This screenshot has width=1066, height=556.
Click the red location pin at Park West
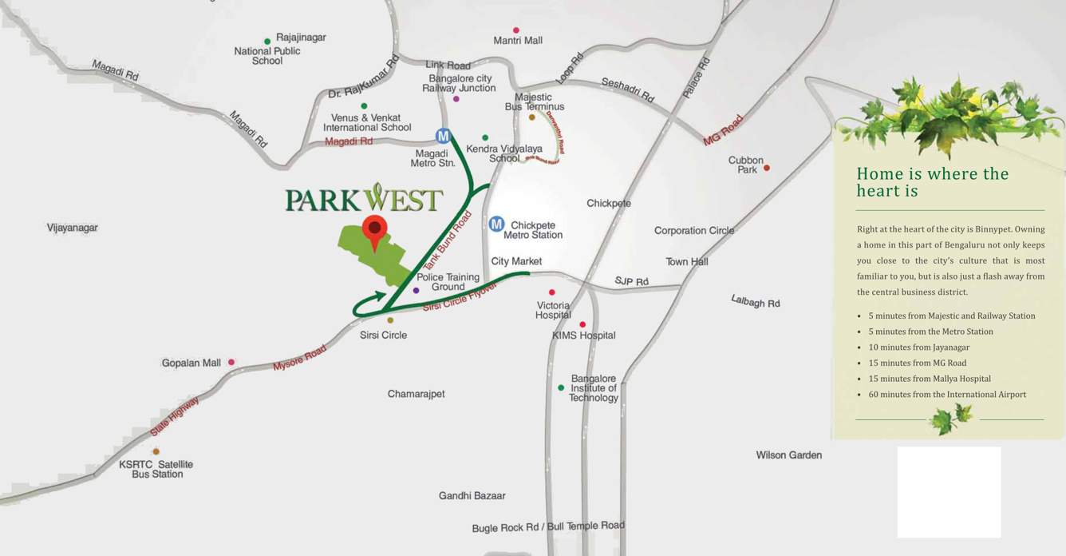coord(374,228)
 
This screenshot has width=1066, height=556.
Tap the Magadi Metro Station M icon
coord(444,137)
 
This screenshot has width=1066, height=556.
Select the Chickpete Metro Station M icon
coord(496,224)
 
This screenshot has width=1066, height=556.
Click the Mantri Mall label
coord(518,41)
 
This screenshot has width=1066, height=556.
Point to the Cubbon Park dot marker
coord(767,168)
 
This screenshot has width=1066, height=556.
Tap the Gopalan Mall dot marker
coord(231,362)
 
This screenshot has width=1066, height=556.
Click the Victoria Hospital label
coord(553,310)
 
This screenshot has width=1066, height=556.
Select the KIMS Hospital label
coord(584,336)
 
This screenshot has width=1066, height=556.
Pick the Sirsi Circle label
coord(383,336)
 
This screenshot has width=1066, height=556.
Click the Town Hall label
coord(687,262)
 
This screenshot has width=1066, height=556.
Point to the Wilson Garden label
coord(788,455)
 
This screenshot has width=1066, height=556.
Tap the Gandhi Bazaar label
coord(472,496)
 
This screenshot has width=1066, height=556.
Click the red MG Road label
coord(723,130)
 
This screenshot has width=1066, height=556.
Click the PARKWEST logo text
coord(364,200)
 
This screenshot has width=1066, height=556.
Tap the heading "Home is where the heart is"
coord(932,182)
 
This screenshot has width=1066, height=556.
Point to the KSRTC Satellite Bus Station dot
coord(156,451)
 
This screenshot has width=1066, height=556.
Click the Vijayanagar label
coord(72,228)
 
